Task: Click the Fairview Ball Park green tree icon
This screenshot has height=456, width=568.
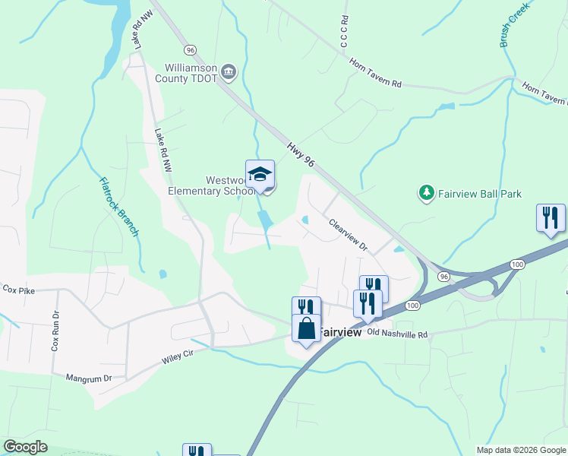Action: [x=427, y=194]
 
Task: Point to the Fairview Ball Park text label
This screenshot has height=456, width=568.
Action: [x=480, y=195]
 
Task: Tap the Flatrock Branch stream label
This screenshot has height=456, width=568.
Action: [x=120, y=207]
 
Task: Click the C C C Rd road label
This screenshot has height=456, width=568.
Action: [x=344, y=31]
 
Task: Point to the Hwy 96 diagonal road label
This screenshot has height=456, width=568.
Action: [x=301, y=154]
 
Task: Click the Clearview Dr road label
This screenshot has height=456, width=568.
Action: [x=348, y=236]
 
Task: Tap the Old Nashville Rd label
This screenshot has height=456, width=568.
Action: [x=397, y=334]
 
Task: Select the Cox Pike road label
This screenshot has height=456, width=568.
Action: [x=20, y=290]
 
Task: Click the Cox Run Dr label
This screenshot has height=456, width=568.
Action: [x=55, y=331]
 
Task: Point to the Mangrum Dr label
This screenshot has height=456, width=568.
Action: [x=88, y=377]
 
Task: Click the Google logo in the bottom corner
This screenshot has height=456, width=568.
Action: [x=26, y=447]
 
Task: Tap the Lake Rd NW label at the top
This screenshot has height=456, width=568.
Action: [x=138, y=30]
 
